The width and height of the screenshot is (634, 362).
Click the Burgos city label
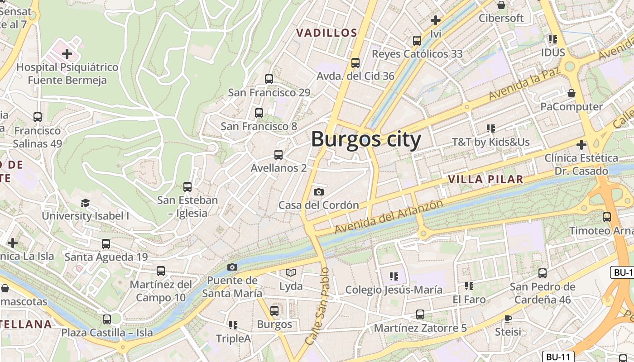point(366,139)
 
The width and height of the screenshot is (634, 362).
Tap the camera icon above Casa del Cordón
point(319,192)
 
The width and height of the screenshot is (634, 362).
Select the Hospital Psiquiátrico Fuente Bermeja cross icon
point(67,54)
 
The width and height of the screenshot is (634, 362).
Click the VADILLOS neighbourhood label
point(327,33)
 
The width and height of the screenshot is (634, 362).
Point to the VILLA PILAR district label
point(485,179)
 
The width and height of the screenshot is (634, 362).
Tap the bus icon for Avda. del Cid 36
point(355,63)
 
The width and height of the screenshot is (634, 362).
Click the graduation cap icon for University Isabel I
point(85,203)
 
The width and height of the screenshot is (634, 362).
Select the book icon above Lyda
point(290,273)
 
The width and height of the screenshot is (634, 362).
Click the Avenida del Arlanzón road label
point(389,217)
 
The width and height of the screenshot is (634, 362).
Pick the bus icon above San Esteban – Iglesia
point(187,186)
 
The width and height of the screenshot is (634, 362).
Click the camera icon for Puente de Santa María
point(232,267)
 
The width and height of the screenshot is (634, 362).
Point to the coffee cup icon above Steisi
point(508,318)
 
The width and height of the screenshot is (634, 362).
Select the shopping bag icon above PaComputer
point(572,93)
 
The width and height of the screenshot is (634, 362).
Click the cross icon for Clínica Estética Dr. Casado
point(581,145)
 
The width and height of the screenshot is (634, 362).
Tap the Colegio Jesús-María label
point(394,290)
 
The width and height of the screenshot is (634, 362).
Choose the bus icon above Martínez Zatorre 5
point(420,314)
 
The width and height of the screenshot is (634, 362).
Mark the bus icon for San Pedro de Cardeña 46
point(543,273)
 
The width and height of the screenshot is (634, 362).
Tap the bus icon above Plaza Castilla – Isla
point(107,319)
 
